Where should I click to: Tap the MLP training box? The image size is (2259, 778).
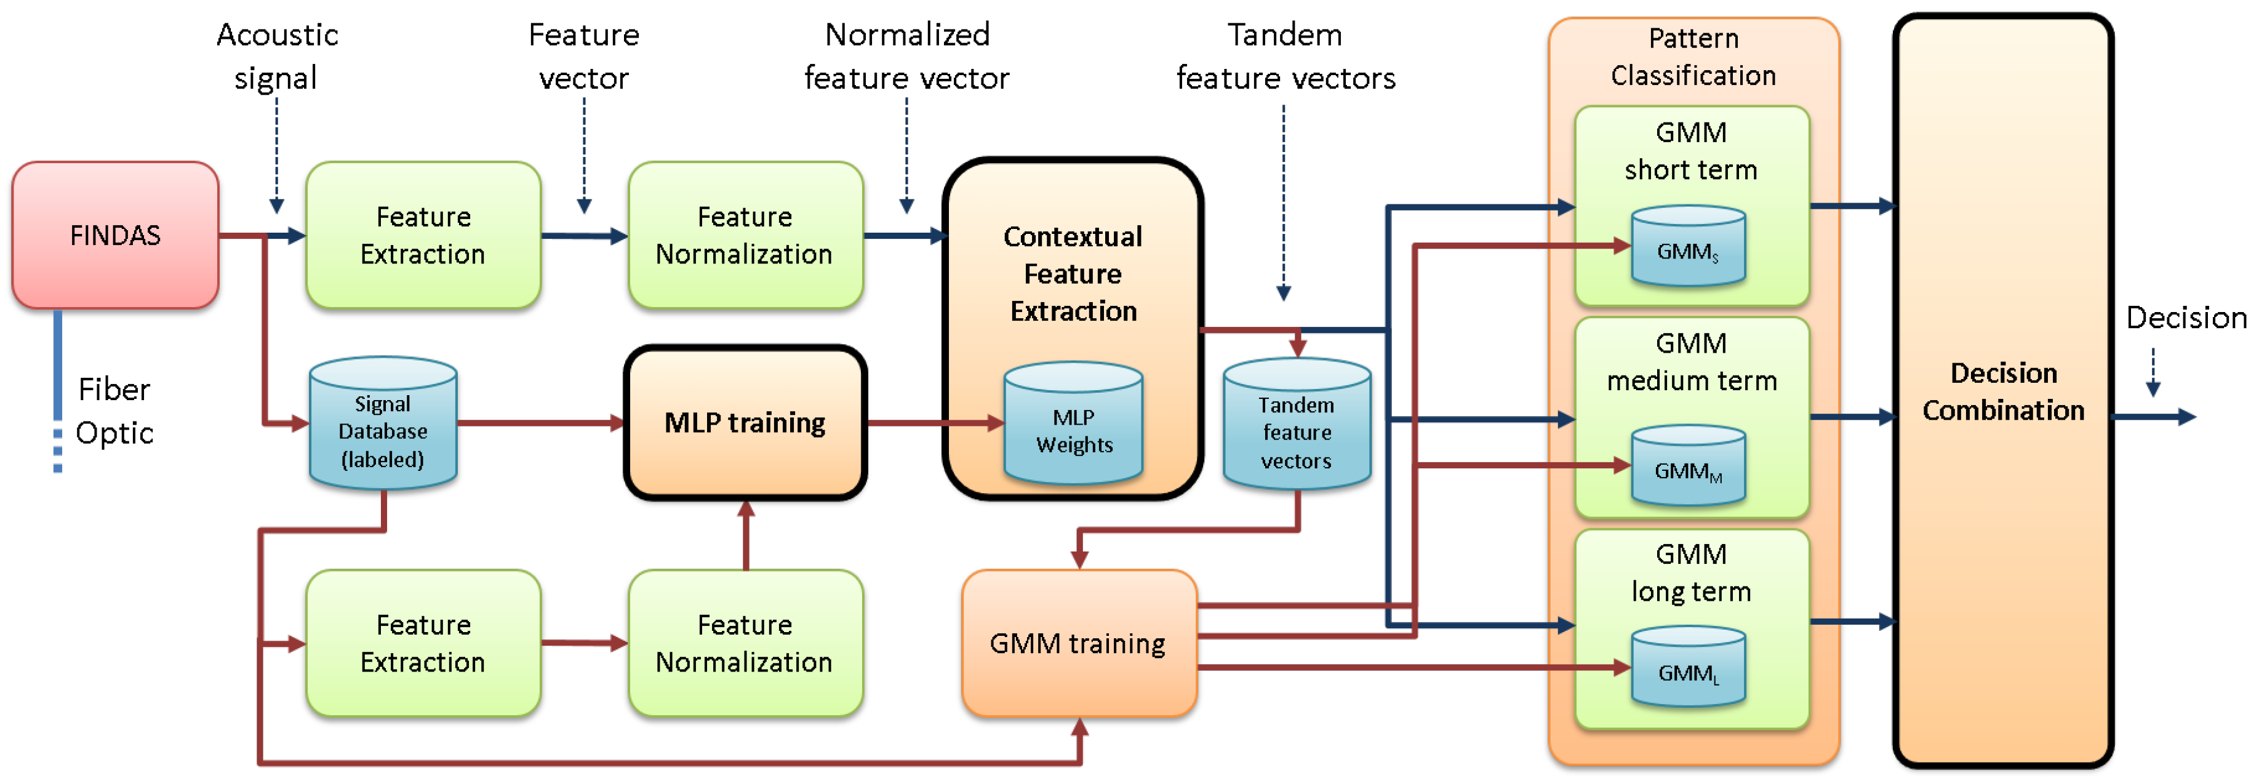[745, 423]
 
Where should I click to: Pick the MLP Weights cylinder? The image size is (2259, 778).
[1073, 423]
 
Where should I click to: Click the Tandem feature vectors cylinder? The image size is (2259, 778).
[1297, 423]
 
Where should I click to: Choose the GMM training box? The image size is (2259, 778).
[1079, 643]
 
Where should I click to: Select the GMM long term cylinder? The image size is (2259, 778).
[1688, 667]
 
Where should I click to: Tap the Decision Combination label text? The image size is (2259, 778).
[2004, 391]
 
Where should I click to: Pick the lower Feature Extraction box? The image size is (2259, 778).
[423, 643]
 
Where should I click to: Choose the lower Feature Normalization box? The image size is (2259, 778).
[745, 643]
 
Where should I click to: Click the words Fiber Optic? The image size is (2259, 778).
[114, 411]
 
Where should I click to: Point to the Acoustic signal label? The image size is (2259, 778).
[277, 56]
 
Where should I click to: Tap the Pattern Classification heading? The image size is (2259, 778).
[1693, 56]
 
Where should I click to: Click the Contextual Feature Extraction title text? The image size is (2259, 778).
[1073, 274]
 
